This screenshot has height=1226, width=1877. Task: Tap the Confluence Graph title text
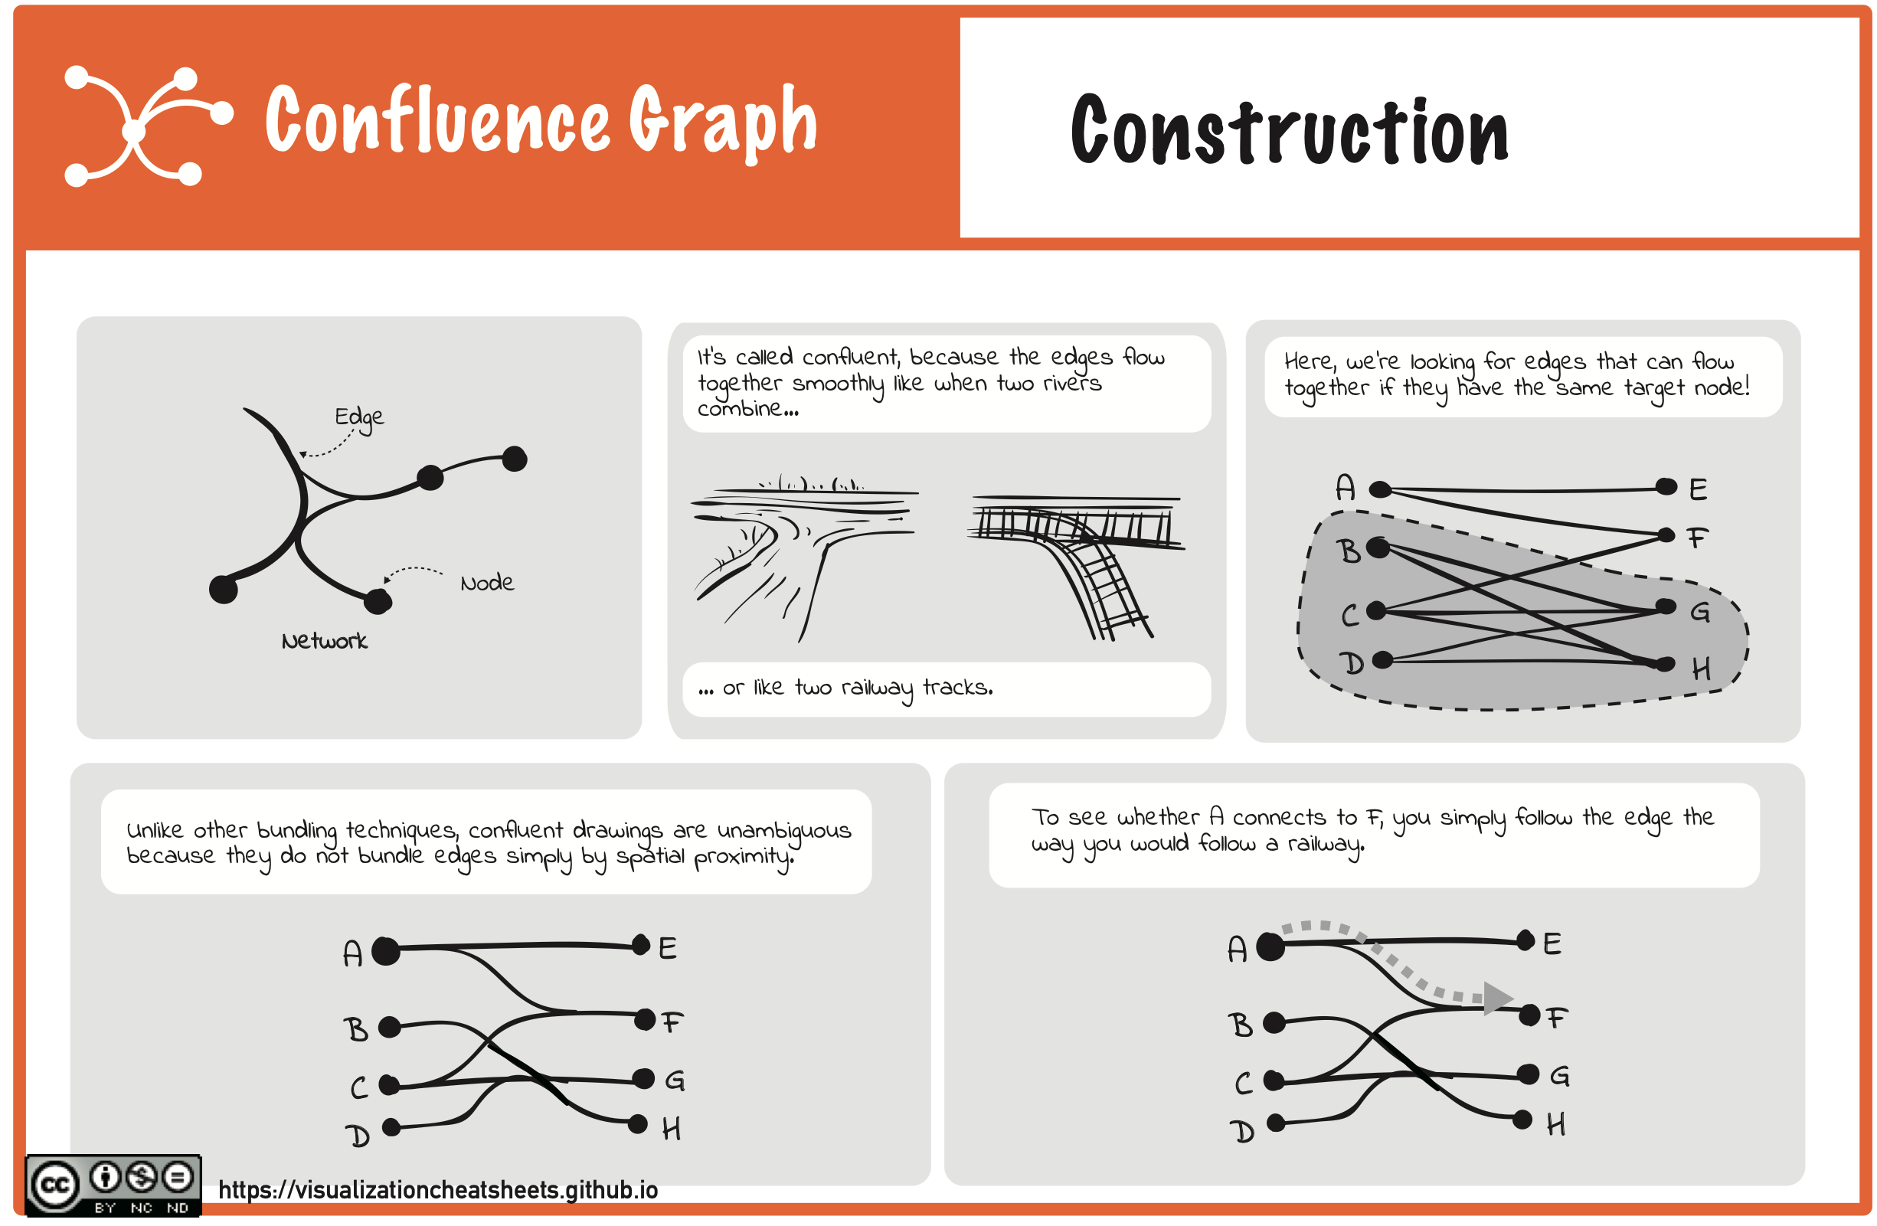(541, 121)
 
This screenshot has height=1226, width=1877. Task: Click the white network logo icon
(149, 126)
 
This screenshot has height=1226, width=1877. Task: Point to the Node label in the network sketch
(487, 584)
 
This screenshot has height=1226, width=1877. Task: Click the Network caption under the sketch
(324, 641)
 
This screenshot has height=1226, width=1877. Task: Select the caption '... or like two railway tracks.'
(845, 688)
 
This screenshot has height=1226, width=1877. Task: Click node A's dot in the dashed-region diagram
(1380, 489)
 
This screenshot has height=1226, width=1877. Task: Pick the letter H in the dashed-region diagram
(1701, 669)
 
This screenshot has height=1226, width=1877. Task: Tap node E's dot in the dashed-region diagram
(1666, 486)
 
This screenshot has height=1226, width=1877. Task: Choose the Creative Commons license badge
(113, 1185)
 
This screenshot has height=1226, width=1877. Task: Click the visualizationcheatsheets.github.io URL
(438, 1190)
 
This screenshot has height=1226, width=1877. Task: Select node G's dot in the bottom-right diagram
(1528, 1074)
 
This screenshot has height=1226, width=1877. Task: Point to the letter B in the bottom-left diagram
(355, 1030)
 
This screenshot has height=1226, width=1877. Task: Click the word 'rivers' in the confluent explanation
(1073, 384)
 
